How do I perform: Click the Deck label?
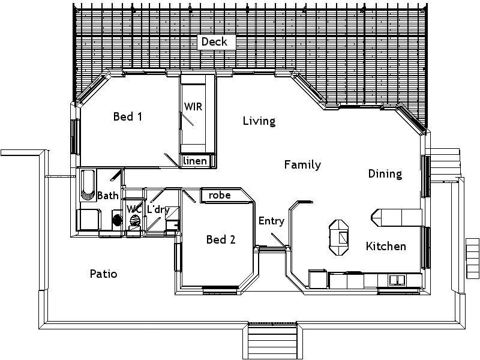pos(214,41)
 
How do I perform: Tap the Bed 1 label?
pos(127,116)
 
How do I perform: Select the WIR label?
pos(193,107)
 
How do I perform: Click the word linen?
pos(196,161)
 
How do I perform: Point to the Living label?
pos(259,121)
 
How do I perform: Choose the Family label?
pos(302,164)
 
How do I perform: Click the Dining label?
pos(385,174)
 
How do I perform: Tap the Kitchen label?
pos(386,246)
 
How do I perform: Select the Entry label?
pos(271,221)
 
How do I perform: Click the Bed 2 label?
pos(220,240)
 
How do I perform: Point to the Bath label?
pos(108,196)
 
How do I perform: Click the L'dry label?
pos(158,209)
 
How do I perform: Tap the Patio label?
pos(103,274)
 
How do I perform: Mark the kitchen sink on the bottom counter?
pos(397,280)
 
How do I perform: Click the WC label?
pos(133,209)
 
